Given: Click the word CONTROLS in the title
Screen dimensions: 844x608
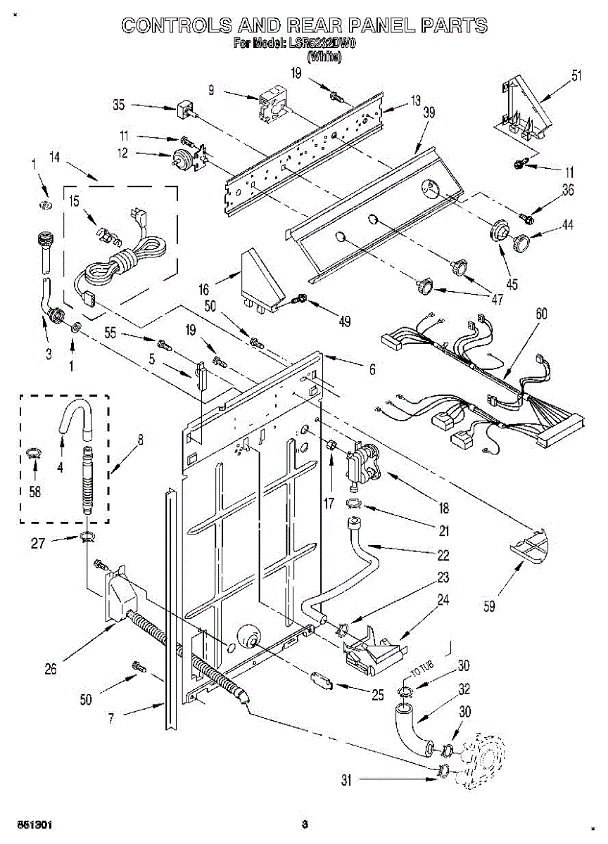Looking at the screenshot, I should (177, 26).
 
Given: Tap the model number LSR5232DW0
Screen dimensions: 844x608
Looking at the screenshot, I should (322, 44).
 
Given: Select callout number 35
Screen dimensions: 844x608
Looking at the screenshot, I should (119, 106).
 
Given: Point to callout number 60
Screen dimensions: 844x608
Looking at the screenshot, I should (540, 314).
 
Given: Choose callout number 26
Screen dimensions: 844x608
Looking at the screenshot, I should (50, 670).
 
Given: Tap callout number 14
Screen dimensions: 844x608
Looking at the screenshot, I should (53, 158).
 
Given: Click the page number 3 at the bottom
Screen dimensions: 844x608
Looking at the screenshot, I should (304, 824).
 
